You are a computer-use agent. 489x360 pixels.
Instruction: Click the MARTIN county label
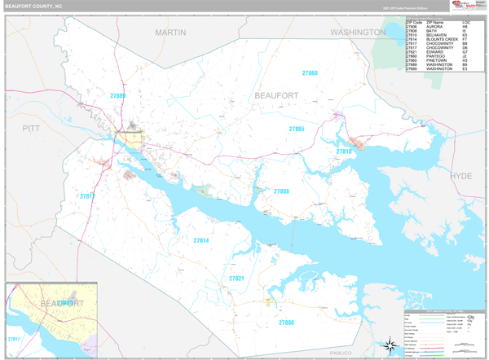tap(170, 32)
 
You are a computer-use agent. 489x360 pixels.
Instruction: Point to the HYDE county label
tap(461, 176)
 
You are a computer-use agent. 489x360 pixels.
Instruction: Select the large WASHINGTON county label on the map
tap(358, 32)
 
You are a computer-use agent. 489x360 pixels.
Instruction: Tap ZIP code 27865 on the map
tap(296, 129)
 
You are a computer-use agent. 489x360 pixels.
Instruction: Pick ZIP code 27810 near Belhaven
tap(345, 151)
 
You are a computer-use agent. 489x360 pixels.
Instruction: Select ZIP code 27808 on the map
tap(281, 191)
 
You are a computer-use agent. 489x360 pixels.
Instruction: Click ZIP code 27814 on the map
tap(201, 240)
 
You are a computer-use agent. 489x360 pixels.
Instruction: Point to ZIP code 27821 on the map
tap(236, 279)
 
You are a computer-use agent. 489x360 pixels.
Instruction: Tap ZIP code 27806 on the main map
tap(286, 323)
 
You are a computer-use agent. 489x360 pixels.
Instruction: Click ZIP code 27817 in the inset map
tap(13, 338)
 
